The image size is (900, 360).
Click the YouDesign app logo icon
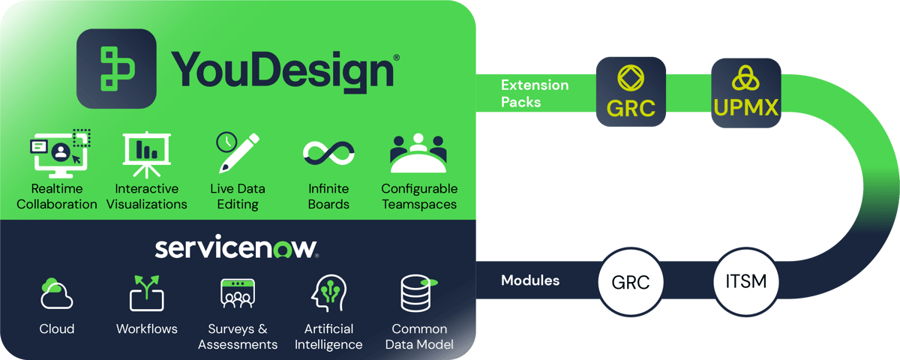[x=116, y=68]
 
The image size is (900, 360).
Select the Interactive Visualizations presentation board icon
[x=146, y=152]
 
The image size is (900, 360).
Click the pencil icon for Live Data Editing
[x=237, y=152]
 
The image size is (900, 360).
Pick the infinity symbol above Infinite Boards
[x=328, y=153]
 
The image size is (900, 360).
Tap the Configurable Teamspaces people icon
[x=418, y=153]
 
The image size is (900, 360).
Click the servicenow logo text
[x=236, y=248]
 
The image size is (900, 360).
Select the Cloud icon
[x=57, y=294]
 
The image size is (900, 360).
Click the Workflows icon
[x=146, y=294]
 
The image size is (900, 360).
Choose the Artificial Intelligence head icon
[x=328, y=294]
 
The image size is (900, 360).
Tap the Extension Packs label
[x=534, y=93]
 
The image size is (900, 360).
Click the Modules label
[x=530, y=280]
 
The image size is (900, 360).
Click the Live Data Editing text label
[x=237, y=196]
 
